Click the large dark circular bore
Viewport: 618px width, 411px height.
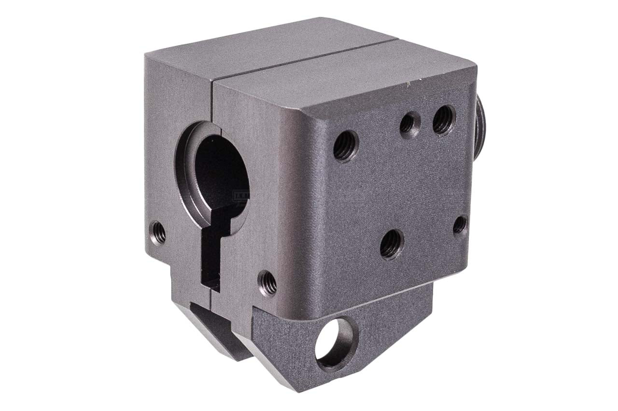click(x=220, y=174)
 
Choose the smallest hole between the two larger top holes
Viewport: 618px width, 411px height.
click(x=407, y=124)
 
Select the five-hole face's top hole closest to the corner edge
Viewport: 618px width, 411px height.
click(x=346, y=145)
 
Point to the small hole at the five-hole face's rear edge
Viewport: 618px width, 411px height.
click(x=460, y=224)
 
